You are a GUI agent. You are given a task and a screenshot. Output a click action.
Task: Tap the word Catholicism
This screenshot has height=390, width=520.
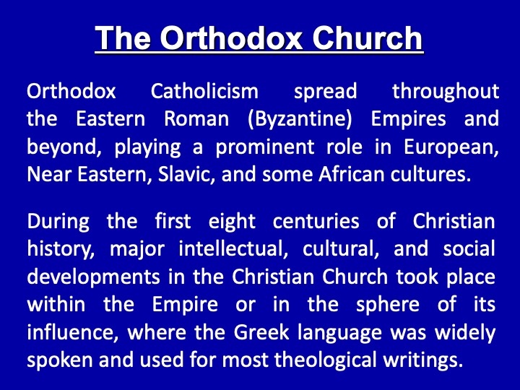[x=204, y=91]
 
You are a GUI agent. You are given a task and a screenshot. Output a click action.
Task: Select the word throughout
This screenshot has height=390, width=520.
[x=446, y=92]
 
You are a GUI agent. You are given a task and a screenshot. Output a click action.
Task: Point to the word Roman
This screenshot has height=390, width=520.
[x=196, y=118]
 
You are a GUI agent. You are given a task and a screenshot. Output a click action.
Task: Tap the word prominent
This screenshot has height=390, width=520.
[x=265, y=147]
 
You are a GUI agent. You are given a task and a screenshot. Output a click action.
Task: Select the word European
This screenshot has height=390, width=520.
[x=451, y=147]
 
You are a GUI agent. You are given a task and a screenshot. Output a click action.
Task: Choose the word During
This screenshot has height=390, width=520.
[x=58, y=222]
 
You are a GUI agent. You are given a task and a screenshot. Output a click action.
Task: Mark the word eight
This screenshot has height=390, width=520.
[x=232, y=222]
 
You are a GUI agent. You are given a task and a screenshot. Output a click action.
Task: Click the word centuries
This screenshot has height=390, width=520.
[x=316, y=222]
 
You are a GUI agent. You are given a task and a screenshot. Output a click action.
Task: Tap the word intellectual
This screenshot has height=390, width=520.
[x=233, y=249]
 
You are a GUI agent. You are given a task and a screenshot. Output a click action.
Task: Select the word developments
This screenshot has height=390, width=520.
[x=93, y=277]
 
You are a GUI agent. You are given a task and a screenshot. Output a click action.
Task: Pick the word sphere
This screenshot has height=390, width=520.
[x=388, y=305]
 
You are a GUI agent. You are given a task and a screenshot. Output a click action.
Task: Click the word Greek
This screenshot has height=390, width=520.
[x=261, y=332]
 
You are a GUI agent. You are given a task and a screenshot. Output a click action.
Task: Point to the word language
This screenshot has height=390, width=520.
[x=339, y=333]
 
